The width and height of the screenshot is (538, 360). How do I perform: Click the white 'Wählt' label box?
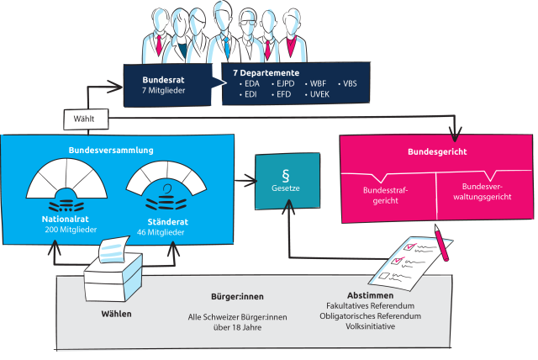coord(84,119)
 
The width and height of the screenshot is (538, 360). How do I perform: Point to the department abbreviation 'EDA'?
coord(252,84)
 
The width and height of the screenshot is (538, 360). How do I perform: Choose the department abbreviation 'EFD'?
coord(285,96)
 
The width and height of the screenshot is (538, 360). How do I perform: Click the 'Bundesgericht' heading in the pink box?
coord(436,152)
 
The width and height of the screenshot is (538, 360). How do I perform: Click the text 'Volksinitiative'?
coord(371,326)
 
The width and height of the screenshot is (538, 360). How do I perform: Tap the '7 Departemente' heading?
coord(266,72)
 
